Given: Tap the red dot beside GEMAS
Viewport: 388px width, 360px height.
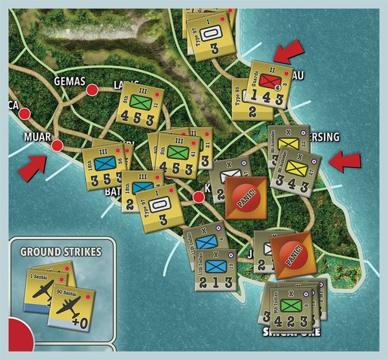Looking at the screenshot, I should (92, 89).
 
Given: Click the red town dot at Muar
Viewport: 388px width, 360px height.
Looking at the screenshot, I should (57, 145).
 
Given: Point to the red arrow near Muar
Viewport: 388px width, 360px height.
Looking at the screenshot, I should (32, 166).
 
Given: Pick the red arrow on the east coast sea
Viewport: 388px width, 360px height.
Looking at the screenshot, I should (342, 159).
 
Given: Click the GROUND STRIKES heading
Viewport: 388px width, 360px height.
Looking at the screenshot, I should (61, 251).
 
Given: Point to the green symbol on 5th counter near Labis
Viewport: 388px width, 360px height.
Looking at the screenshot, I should (142, 102).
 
